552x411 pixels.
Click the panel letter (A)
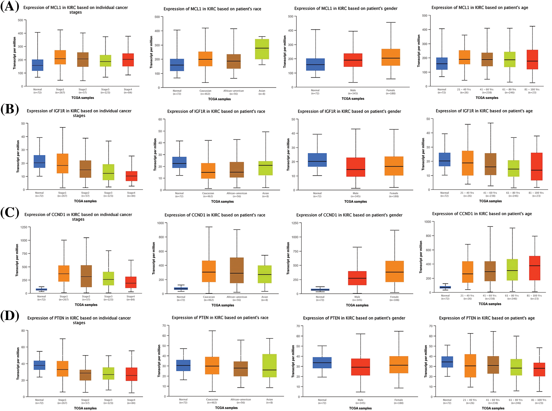click(10, 6)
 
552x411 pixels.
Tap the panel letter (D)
click(10, 316)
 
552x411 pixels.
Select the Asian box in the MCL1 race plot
click(262, 49)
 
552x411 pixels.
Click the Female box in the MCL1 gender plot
click(391, 57)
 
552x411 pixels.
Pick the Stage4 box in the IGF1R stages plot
click(131, 176)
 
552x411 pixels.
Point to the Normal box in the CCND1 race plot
click(181, 289)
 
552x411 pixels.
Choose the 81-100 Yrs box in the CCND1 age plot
click(535, 268)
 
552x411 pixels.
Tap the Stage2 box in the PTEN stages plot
click(85, 375)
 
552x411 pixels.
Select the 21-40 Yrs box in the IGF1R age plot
click(467, 163)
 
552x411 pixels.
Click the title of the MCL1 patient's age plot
click(480, 8)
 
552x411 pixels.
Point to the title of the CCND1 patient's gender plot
click(349, 215)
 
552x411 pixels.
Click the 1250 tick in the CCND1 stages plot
click(24, 227)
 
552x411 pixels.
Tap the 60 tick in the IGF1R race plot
click(160, 119)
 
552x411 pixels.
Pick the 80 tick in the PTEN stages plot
click(23, 331)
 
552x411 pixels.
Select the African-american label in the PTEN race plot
click(241, 400)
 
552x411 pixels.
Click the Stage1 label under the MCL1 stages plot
click(60, 90)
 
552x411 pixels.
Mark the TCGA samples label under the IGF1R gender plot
click(355, 202)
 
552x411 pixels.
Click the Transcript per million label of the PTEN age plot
click(425, 361)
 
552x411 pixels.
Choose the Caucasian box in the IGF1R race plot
click(208, 171)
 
